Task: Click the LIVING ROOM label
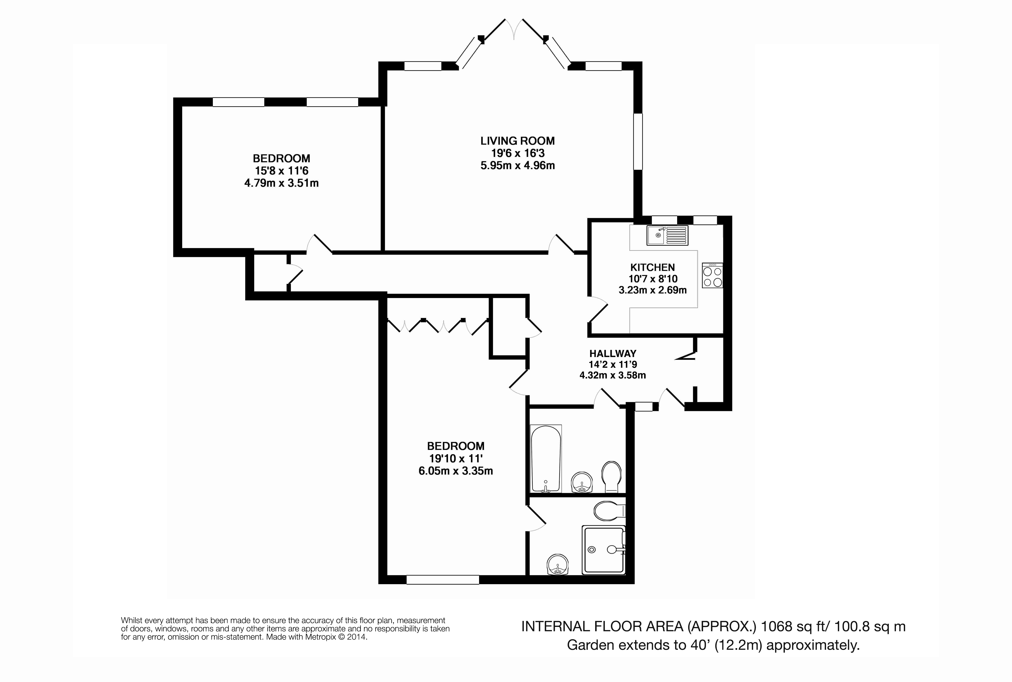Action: tap(517, 141)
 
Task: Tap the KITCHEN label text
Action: tap(652, 268)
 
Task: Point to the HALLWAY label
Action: tap(612, 354)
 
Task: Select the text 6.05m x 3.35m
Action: tap(456, 471)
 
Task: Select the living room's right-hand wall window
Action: tap(638, 141)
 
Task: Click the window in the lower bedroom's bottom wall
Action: tap(443, 580)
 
